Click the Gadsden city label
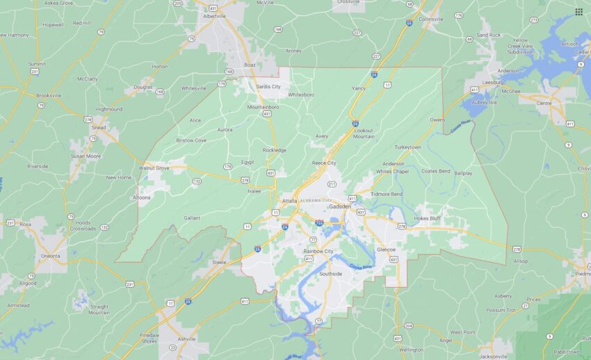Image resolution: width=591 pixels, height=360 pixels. [339, 207]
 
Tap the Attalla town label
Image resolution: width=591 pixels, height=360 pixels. [289, 201]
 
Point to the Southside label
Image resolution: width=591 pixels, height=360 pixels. [330, 274]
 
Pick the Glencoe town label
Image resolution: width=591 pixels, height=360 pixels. [386, 249]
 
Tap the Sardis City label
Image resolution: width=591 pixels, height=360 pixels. [268, 87]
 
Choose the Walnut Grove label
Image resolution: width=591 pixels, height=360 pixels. [154, 168]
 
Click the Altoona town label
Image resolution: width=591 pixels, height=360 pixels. [141, 197]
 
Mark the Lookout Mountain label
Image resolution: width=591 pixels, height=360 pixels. [364, 133]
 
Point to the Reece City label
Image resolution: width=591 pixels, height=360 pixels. [324, 163]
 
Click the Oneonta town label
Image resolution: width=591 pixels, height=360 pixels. [50, 254]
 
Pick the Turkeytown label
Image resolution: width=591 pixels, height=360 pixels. [408, 147]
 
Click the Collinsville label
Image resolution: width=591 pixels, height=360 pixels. [431, 19]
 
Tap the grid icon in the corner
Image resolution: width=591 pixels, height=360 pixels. [578, 11]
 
